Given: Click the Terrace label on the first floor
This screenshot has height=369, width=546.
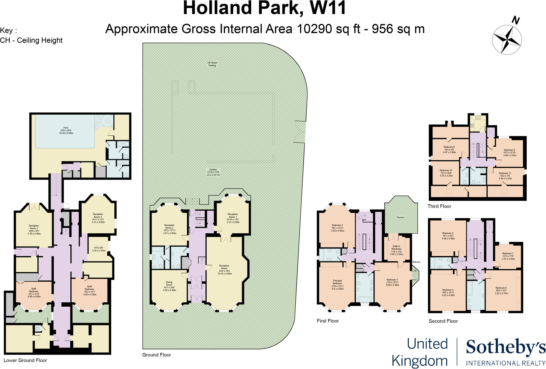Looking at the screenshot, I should tap(400, 217).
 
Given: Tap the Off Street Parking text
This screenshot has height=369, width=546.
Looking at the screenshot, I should tap(212, 64).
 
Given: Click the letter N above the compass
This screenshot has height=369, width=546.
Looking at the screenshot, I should tap(516, 20).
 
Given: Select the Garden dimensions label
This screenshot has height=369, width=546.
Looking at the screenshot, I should tap(213, 172).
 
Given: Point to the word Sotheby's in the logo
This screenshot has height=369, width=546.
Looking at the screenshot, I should tap(505, 347).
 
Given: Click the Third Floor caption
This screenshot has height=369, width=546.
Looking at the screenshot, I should tap(439, 206).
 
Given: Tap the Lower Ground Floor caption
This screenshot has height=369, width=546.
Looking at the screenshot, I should tap(25, 360).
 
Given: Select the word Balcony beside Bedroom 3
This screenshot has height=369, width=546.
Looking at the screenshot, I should tap(416, 262).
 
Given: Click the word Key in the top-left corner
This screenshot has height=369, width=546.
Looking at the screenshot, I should tap(6, 31).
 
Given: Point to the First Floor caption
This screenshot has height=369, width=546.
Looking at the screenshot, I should tap(328, 321).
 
